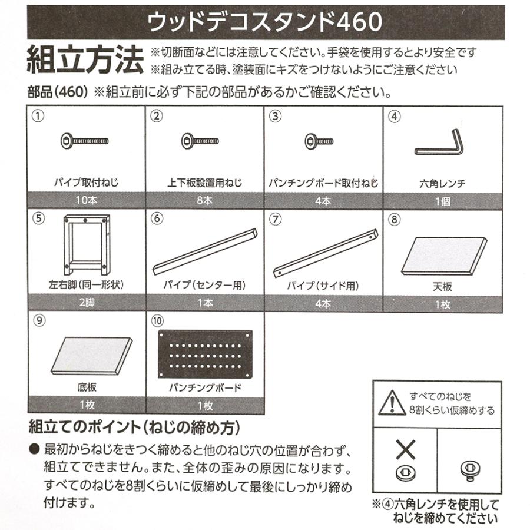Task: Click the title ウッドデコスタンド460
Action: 265,21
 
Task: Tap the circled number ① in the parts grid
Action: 39,116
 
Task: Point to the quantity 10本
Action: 87,200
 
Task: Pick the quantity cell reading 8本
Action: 204,200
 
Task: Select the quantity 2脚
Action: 87,304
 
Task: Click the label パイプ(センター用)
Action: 204,286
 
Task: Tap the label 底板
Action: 87,387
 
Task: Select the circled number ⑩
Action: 156,322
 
